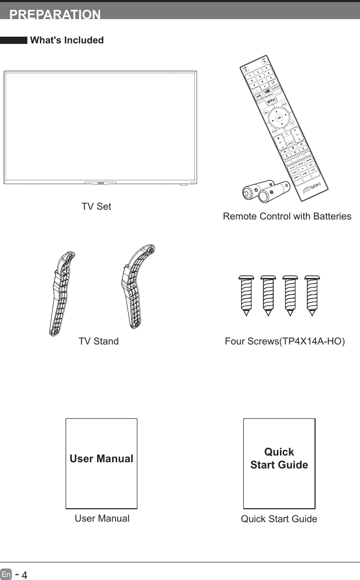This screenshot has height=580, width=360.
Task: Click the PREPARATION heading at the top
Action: [x=55, y=14]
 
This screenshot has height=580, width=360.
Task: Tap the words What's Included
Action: [x=67, y=40]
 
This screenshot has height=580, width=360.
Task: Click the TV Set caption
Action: [x=96, y=207]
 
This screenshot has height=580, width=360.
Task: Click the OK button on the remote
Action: [x=279, y=118]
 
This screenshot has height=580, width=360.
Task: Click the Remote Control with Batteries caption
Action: [x=287, y=217]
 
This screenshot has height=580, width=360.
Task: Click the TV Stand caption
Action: [x=98, y=341]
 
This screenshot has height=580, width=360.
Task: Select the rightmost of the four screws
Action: [x=311, y=295]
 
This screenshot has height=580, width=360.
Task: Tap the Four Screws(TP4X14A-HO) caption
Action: [x=285, y=341]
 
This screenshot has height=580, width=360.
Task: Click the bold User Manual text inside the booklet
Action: [x=102, y=459]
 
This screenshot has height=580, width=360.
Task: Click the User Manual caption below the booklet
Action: [x=102, y=519]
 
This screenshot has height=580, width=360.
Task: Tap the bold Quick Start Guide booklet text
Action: [x=279, y=458]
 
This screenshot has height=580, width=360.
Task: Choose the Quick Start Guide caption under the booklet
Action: [x=279, y=519]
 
